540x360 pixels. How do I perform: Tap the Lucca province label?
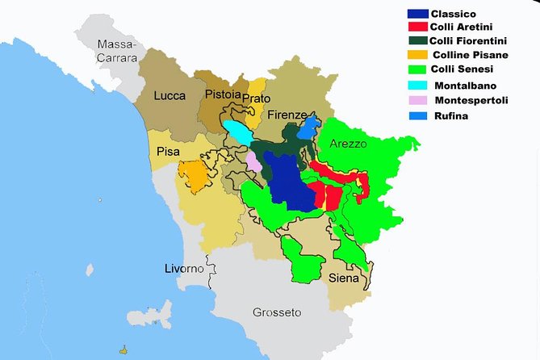pos(170,96)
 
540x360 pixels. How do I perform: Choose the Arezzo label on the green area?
pos(349,143)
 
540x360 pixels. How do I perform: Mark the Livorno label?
pos(185,268)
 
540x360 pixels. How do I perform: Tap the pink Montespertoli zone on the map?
pos(253,161)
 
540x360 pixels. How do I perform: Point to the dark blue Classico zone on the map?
pos(283,182)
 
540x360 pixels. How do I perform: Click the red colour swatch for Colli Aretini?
pos(416,27)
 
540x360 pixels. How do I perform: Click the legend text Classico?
pos(454,14)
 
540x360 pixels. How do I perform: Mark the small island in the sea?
pos(123,350)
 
